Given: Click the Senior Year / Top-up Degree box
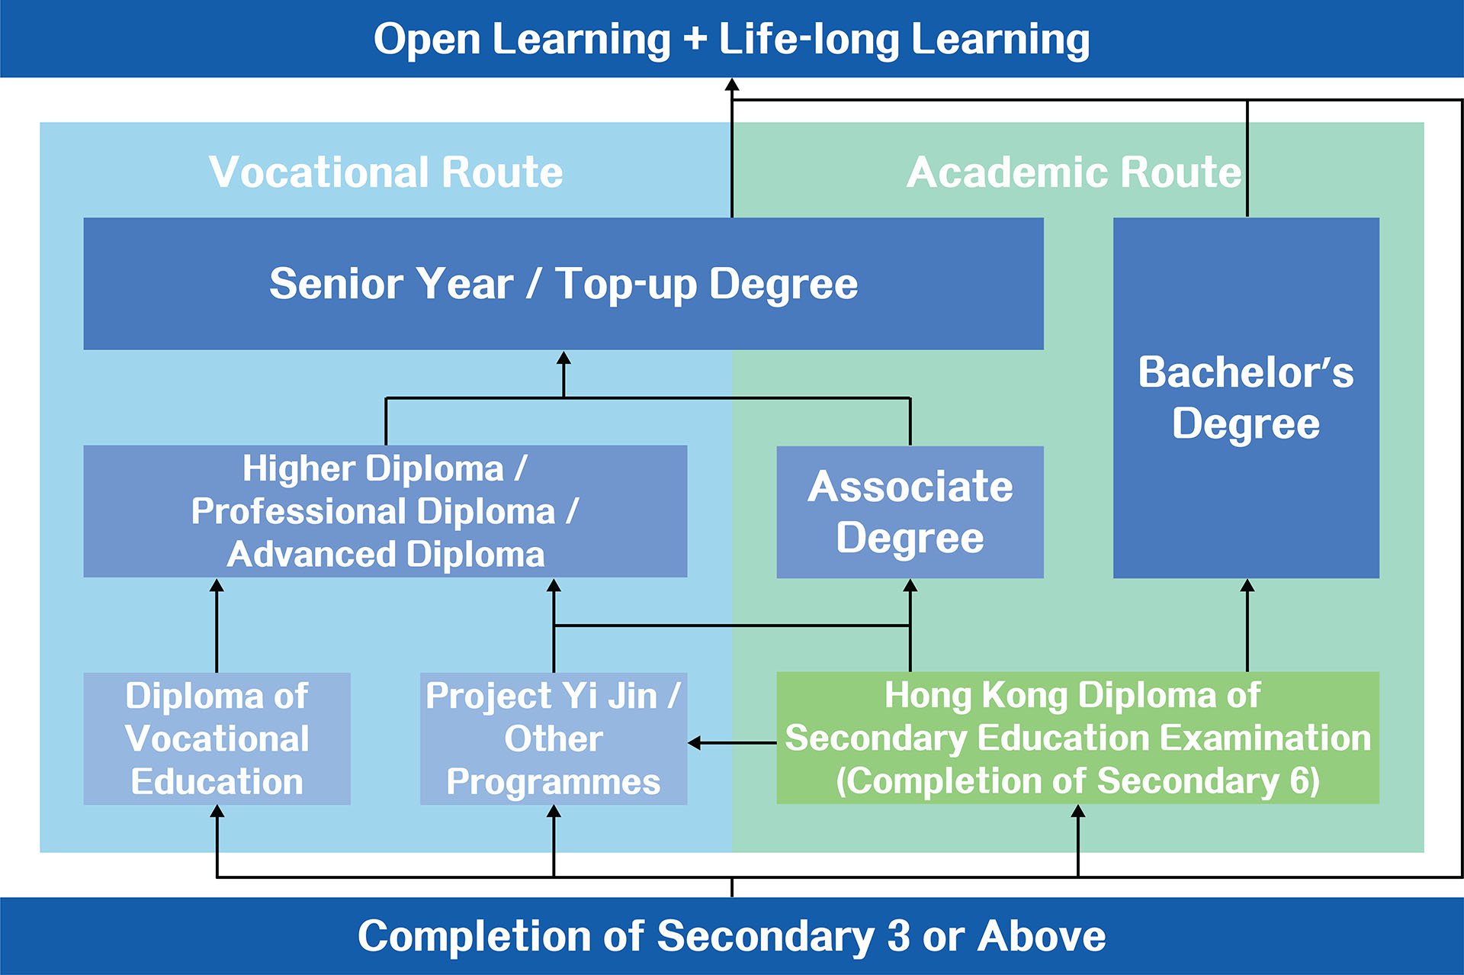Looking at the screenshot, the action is pos(563,284).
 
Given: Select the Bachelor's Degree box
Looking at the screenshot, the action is pos(1246,397).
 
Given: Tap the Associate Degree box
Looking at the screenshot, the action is pos(910,512).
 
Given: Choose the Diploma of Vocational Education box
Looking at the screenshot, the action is pos(217,738).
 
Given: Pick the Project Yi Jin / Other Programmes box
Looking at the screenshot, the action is pos(554,738).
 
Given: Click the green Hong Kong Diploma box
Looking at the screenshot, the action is pos(1077,738).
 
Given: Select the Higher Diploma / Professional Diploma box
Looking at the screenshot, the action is pos(385,511).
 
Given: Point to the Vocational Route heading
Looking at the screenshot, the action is pos(386,172).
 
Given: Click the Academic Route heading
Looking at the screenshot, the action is pos(1074,172).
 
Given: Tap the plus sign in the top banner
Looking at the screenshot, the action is pos(695,40).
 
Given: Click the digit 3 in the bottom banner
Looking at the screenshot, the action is pos(898,936).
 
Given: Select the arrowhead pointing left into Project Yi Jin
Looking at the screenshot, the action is pos(695,742).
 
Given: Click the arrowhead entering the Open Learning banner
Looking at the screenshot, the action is pos(732,85).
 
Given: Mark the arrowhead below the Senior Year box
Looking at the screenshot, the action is pos(563,358).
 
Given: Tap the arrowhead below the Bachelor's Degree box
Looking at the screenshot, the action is pos(1247,585).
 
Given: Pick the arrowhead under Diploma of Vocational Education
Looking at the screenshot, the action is pos(217,812).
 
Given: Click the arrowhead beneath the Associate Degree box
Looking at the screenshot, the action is pos(910,585).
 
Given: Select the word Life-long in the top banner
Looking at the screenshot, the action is pos(809,40).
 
